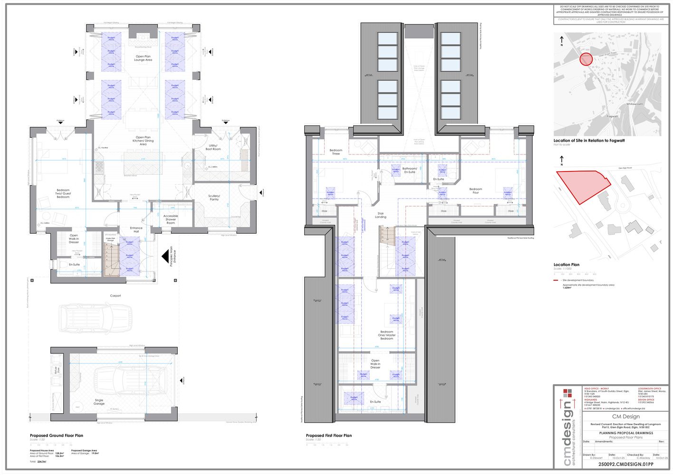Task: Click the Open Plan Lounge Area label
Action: pos(143,58)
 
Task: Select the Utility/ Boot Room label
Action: pos(213,147)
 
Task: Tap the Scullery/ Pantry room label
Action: pos(214,198)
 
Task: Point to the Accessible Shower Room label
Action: pos(171,219)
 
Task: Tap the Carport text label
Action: pos(115,295)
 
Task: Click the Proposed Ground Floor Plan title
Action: pos(56,436)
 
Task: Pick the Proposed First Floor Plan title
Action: pos(329,436)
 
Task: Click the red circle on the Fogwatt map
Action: pos(586,59)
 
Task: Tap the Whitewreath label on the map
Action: pos(635,104)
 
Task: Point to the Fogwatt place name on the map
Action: pos(613,116)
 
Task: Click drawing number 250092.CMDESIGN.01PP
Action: pos(625,464)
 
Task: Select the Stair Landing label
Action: pos(381,215)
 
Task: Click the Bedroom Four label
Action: pos(475,190)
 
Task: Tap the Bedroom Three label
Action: pos(336,152)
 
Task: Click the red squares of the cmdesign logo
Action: pos(568,393)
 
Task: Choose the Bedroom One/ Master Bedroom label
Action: pos(386,335)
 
